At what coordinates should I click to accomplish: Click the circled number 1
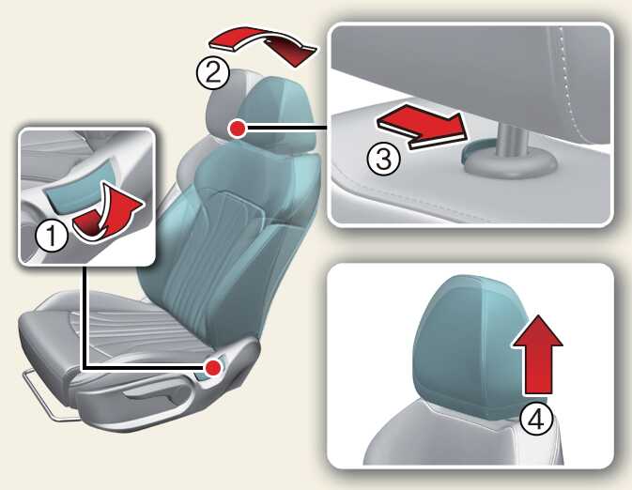click(52, 236)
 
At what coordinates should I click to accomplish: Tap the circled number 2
click(213, 73)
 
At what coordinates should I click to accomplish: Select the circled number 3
click(383, 159)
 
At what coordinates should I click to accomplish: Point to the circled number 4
click(536, 420)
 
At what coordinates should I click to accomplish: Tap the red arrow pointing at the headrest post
click(421, 126)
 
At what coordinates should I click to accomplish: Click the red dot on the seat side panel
click(213, 367)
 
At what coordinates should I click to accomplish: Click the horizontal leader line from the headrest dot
click(286, 129)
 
